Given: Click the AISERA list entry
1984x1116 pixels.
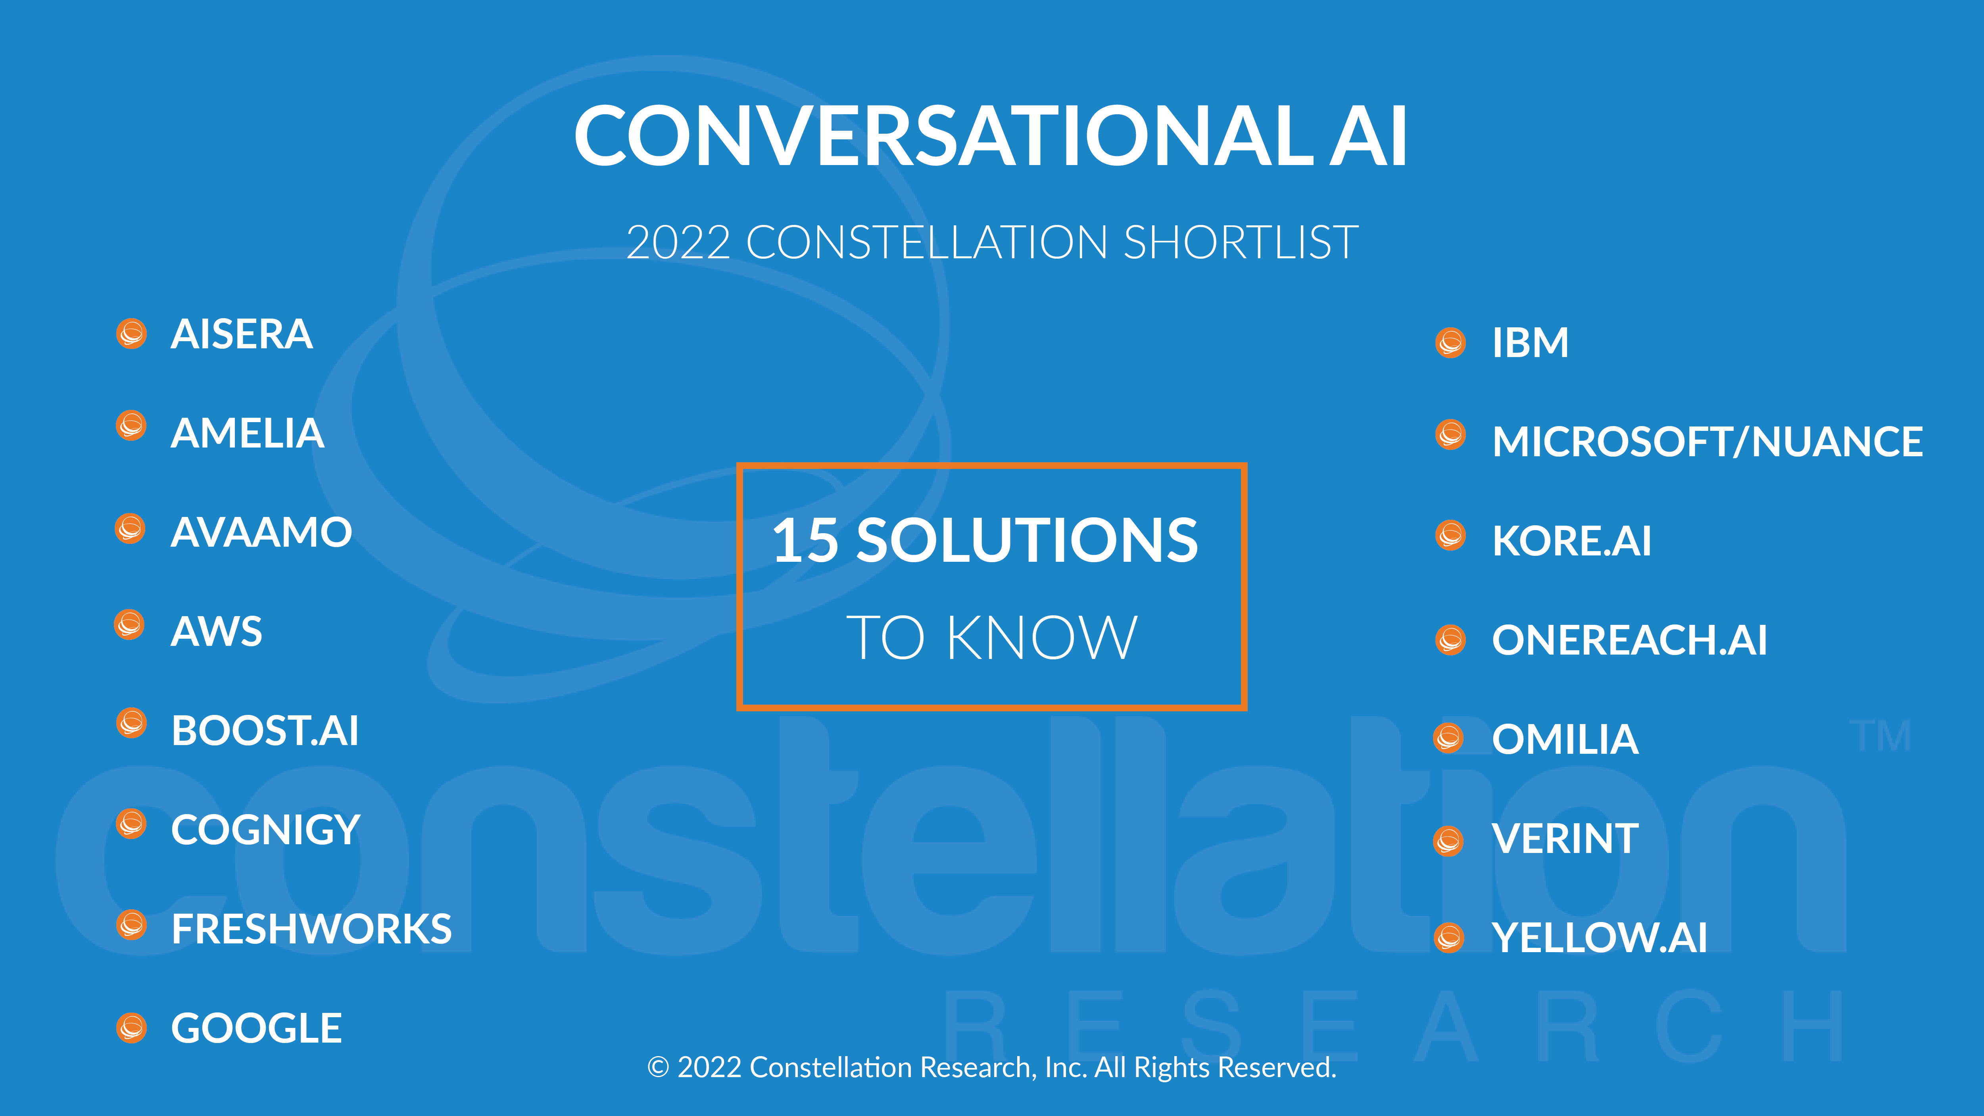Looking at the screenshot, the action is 241,334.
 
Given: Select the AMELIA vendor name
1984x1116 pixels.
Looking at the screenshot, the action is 247,433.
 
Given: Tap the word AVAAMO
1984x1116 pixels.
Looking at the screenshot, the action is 261,532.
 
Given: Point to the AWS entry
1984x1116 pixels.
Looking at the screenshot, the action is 217,632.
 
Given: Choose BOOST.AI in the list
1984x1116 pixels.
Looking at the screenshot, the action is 265,731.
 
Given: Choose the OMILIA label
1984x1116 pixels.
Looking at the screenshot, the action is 1565,740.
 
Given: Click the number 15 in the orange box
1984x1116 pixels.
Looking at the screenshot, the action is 806,540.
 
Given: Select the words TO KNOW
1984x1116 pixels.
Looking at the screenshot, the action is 992,638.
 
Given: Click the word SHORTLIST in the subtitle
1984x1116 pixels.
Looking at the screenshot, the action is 1241,243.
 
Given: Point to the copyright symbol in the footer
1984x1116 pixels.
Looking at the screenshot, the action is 659,1068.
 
